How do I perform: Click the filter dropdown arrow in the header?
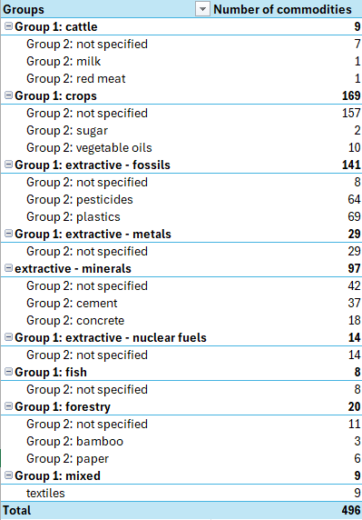[201, 9]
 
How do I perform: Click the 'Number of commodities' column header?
[281, 9]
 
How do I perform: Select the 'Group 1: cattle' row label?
[56, 26]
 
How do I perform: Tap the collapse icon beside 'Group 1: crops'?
[8, 95]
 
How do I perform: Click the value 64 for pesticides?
[353, 199]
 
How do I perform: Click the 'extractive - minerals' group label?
[72, 268]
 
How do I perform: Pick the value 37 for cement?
[353, 303]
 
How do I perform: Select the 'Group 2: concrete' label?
[74, 320]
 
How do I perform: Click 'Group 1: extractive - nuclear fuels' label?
[110, 337]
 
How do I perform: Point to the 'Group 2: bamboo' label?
[73, 441]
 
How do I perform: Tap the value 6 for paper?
[357, 458]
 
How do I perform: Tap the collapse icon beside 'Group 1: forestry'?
[8, 406]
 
